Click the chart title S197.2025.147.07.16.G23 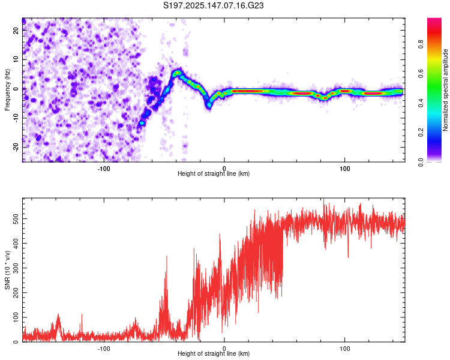coord(213,5)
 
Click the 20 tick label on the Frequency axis coord(16,31)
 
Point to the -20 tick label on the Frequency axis coord(16,147)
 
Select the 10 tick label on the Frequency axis coord(16,59)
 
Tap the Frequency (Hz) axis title coord(7,90)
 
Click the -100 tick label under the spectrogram coord(104,169)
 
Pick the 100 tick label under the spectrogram coord(344,169)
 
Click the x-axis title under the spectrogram coord(214,173)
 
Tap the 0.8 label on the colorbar coord(421,44)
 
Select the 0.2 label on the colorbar coord(421,133)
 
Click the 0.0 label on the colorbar coord(421,162)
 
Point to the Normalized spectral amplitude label coord(445,90)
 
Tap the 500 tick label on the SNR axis coord(16,219)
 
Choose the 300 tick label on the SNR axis coord(16,268)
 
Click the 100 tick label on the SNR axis coord(16,317)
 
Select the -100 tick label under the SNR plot coord(104,349)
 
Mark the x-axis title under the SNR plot coord(214,353)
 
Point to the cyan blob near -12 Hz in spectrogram coord(142,123)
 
